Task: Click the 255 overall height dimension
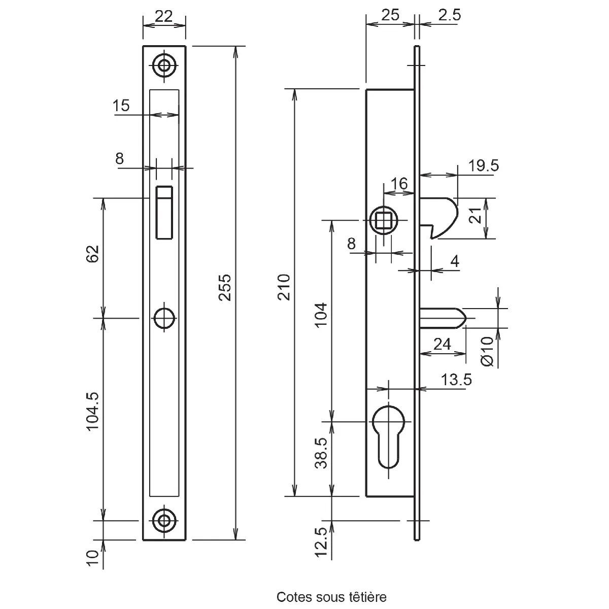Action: pos(225,287)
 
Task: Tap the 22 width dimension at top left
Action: pos(164,16)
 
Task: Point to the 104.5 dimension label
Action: pos(92,411)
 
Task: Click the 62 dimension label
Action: pos(92,254)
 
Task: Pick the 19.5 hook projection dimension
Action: pos(483,165)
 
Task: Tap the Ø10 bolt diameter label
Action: pos(487,351)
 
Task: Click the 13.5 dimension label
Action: pos(456,380)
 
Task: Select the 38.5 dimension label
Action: pos(321,453)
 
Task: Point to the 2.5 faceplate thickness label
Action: pos(449,15)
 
